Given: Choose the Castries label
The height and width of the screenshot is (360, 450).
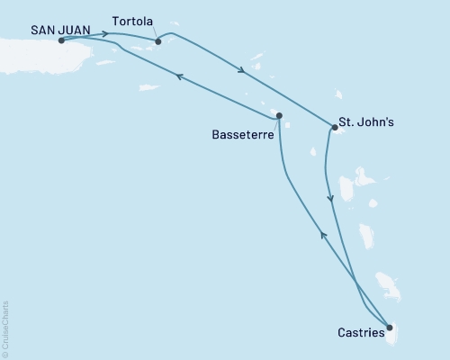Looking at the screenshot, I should tap(360, 333).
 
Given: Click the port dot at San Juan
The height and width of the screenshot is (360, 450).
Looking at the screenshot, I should tap(61, 40).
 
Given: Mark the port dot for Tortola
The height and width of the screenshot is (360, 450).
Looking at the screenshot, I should tap(157, 40).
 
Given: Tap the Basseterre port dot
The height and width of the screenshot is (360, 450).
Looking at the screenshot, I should tap(279, 115).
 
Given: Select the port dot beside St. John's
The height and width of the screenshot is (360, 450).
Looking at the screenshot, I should tap(334, 128).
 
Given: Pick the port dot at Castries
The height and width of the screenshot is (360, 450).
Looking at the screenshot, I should tap(389, 328).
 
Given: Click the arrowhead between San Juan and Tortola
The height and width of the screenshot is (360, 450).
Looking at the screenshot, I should tap(105, 34).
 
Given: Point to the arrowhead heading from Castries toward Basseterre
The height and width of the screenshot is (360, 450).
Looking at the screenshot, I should tap(323, 235).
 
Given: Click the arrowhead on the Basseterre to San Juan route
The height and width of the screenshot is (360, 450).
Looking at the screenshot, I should tap(180, 77).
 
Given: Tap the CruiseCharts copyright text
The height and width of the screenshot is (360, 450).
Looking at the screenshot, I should tap(5, 328).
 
